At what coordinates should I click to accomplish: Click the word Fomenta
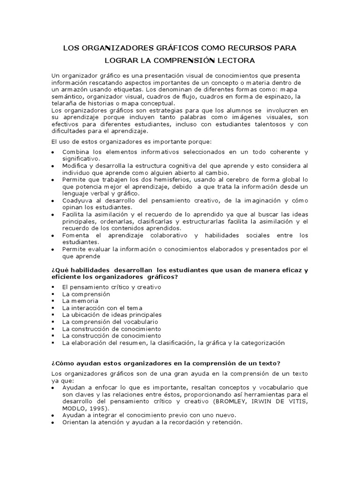tap(75, 235)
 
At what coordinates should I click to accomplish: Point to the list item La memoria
tap(80, 301)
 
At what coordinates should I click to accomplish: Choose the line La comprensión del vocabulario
tap(110, 322)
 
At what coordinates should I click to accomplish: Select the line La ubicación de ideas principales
tap(112, 315)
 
